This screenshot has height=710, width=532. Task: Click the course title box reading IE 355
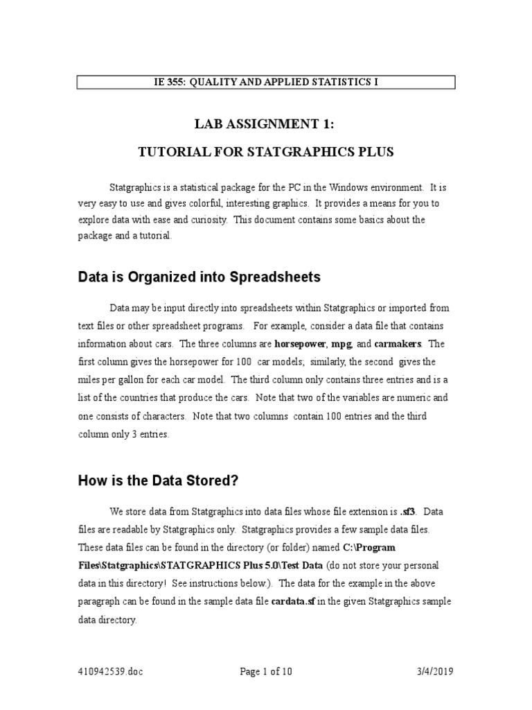[x=265, y=83]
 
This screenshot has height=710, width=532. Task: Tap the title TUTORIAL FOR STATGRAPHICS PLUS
[x=265, y=152]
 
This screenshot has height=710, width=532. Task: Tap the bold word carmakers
[x=398, y=344]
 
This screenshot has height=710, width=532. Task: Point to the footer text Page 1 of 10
[x=265, y=672]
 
